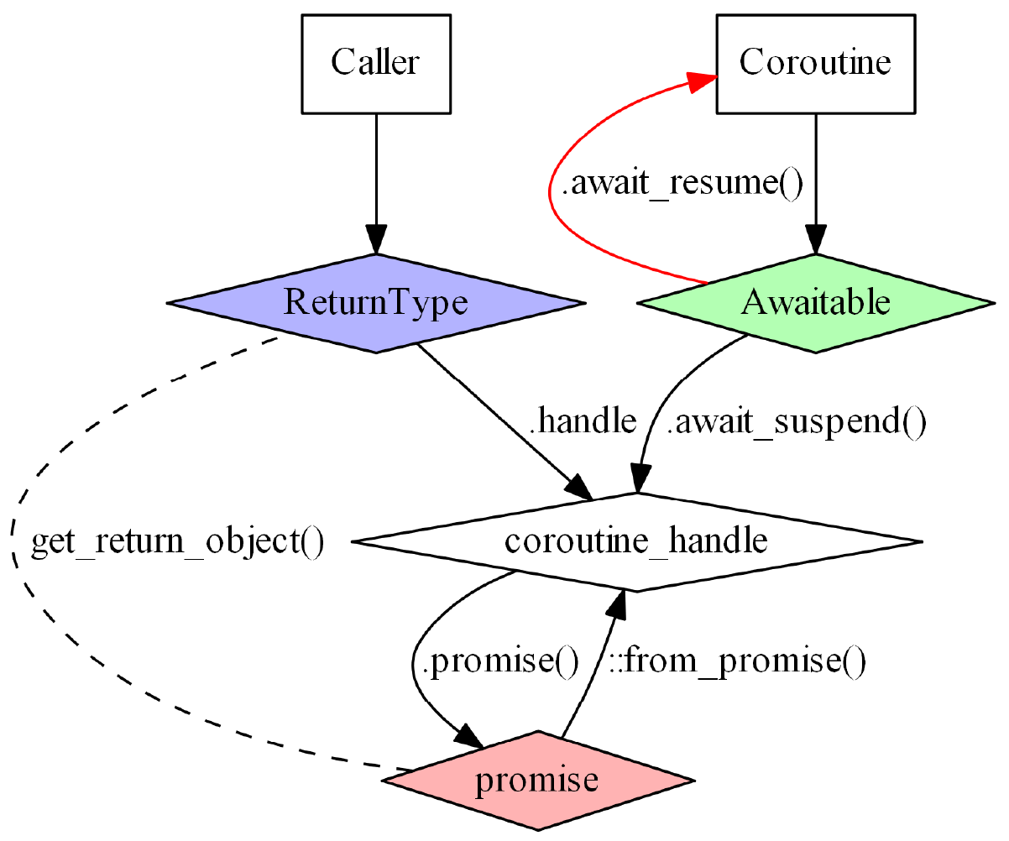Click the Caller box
tap(375, 63)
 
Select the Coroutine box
tap(814, 63)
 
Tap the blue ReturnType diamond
tap(375, 302)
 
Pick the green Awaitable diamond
tap(814, 302)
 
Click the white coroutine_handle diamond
tap(636, 541)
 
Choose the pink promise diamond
tap(537, 781)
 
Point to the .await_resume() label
tap(682, 185)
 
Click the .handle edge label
tap(584, 422)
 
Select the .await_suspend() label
tap(795, 422)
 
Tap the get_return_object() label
tap(177, 543)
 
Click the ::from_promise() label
tap(734, 662)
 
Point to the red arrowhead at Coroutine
tap(702, 81)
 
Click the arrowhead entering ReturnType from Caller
tap(375, 239)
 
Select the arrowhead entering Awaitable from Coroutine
tap(814, 239)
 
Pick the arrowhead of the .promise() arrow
tap(470, 738)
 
